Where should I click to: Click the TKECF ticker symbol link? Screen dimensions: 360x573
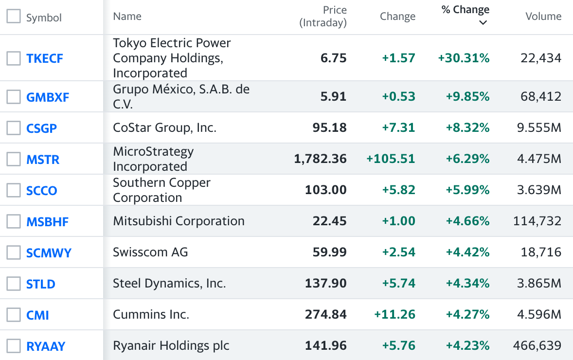coord(45,59)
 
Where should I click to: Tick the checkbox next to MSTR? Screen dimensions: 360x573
coord(14,159)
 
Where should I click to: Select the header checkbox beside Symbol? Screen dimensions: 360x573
coord(14,17)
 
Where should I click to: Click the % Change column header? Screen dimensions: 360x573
coord(465,10)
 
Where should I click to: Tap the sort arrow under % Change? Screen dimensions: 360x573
coord(483,23)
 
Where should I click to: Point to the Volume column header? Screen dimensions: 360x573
coord(543,17)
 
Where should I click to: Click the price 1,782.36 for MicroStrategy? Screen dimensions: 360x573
coord(320,159)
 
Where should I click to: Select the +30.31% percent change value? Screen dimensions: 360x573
coord(464,58)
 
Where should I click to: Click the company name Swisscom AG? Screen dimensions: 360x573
coord(150,252)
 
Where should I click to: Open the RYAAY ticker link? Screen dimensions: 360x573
coord(46,346)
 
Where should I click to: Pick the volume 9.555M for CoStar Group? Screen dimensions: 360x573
coord(539,128)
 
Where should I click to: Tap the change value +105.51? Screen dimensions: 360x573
coord(391,159)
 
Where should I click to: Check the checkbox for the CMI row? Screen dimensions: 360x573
coord(14,315)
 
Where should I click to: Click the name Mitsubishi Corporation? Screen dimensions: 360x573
coord(179,221)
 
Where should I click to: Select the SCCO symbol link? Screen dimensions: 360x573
coord(42,191)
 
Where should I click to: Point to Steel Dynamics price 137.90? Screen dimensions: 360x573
coord(325,284)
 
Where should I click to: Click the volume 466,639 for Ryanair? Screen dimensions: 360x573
coord(537,346)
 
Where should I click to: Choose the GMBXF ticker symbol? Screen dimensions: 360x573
coord(48,97)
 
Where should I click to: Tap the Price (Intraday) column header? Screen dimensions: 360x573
coord(323,16)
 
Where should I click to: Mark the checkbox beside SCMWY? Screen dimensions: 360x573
coord(14,252)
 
